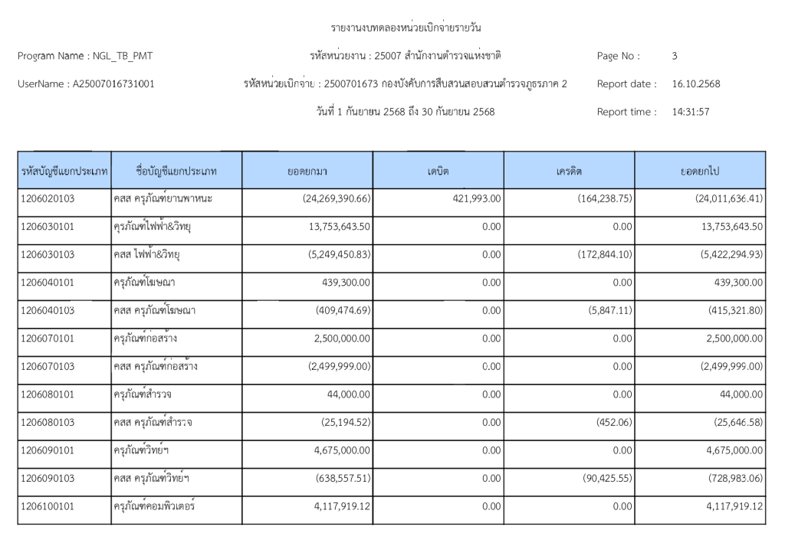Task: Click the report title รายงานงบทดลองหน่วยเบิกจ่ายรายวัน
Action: (406, 28)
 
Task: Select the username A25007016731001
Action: (113, 83)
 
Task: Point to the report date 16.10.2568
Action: (695, 83)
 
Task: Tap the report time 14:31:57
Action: (690, 112)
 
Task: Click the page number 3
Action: (674, 56)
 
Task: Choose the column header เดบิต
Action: (438, 171)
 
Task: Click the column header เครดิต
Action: (569, 171)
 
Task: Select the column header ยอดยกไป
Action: (699, 171)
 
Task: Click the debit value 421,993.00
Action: (471, 198)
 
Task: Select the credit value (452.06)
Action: (614, 422)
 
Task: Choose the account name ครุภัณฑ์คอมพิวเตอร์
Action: (154, 506)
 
